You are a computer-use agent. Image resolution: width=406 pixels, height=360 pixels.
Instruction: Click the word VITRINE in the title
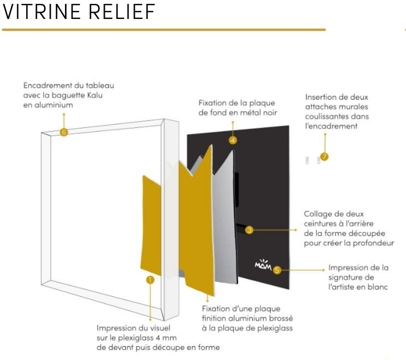point(41,12)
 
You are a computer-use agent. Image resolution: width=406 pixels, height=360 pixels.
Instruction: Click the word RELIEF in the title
point(122,12)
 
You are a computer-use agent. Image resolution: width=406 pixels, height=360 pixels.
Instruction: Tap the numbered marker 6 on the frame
point(64,132)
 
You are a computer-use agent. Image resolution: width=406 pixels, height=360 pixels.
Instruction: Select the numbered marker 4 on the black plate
point(233,140)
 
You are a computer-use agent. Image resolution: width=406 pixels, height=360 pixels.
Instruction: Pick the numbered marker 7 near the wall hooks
point(324,157)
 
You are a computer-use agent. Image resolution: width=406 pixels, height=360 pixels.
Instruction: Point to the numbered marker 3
point(249,230)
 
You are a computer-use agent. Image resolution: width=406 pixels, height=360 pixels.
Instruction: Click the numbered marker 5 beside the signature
point(277,270)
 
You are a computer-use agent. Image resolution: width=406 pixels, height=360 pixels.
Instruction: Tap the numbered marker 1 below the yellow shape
point(150,280)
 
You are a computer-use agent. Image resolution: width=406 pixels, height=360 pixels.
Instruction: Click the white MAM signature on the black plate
point(263,265)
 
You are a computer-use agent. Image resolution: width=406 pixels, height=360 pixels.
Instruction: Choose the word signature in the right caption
point(351,277)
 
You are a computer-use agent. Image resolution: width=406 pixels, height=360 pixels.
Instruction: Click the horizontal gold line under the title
point(164,30)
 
